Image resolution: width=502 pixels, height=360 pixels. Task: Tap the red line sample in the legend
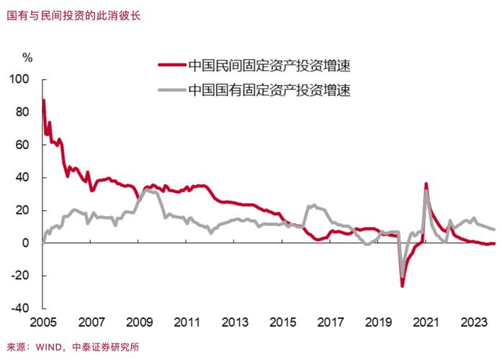[171, 66]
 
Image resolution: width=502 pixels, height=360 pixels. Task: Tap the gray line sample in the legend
[171, 91]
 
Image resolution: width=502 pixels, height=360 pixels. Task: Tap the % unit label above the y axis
[27, 56]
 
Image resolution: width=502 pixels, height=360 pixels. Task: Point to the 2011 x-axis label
[187, 322]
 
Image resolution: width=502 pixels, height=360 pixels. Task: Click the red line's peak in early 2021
[426, 184]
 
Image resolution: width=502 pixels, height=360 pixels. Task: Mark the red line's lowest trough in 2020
[403, 286]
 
